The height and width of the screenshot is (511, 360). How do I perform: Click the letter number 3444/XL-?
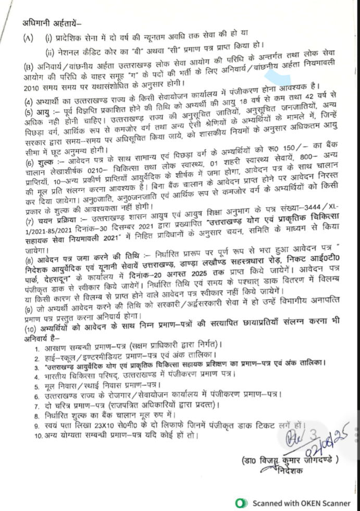pyautogui.click(x=336, y=209)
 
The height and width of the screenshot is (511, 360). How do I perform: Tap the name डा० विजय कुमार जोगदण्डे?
pyautogui.click(x=291, y=459)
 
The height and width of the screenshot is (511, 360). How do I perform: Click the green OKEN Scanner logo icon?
pyautogui.click(x=241, y=503)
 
